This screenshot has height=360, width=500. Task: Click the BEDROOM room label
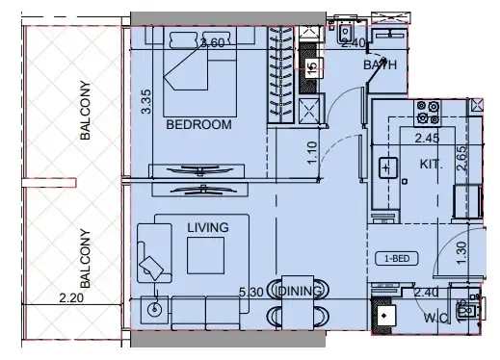199,125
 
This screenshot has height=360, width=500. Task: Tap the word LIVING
208,227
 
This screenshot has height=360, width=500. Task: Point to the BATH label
380,65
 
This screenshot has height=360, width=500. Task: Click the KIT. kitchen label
431,165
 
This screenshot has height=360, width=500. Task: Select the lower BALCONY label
85,258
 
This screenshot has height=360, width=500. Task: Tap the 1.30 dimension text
460,252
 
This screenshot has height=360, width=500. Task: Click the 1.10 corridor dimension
312,153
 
